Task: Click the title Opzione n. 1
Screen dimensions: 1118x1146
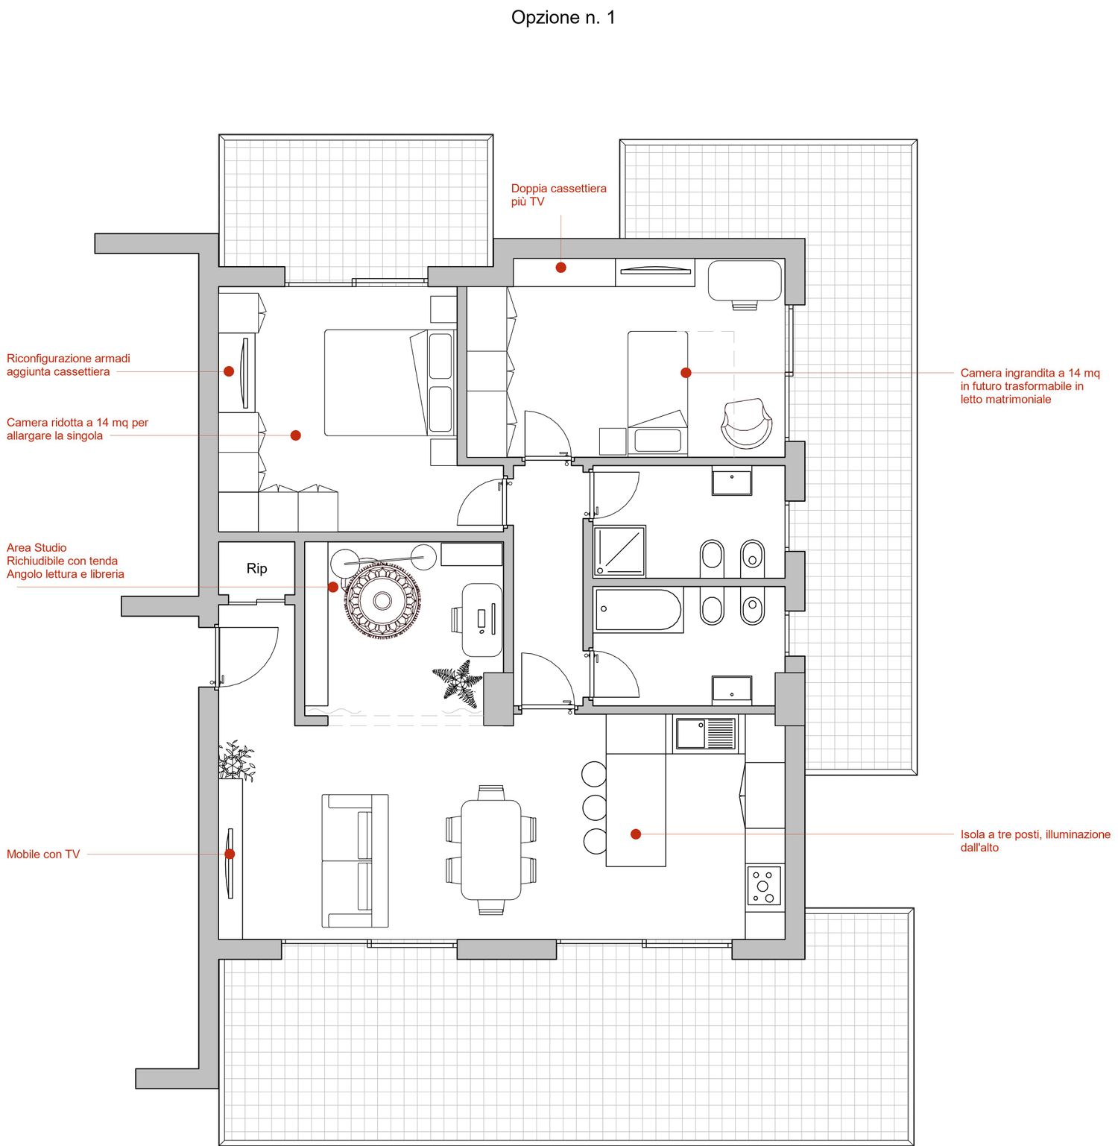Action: click(563, 18)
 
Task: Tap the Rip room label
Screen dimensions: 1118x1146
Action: click(256, 569)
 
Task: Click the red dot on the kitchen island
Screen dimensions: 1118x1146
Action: click(636, 834)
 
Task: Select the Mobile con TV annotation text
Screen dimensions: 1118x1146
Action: click(43, 854)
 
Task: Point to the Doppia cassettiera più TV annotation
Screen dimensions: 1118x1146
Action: click(558, 195)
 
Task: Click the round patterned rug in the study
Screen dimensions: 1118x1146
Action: click(382, 600)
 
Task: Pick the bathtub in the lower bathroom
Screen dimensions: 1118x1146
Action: click(639, 610)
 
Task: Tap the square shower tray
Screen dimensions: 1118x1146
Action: click(619, 551)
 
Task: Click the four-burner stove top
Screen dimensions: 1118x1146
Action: click(764, 886)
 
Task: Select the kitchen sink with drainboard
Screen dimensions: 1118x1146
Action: click(705, 734)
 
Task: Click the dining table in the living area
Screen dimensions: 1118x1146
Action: click(490, 850)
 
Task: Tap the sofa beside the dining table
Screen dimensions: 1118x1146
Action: click(355, 860)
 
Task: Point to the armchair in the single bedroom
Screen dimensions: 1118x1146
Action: click(746, 424)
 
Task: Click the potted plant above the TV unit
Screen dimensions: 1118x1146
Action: click(236, 761)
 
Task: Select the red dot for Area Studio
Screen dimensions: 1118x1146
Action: click(333, 587)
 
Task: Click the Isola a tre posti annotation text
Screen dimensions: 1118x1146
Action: click(1035, 841)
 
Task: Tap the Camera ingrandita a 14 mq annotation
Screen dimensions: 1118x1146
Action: click(1030, 386)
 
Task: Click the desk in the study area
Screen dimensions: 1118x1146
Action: click(482, 620)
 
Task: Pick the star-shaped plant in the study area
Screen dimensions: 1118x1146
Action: click(458, 683)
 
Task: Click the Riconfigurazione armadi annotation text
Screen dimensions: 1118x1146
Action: click(69, 365)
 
